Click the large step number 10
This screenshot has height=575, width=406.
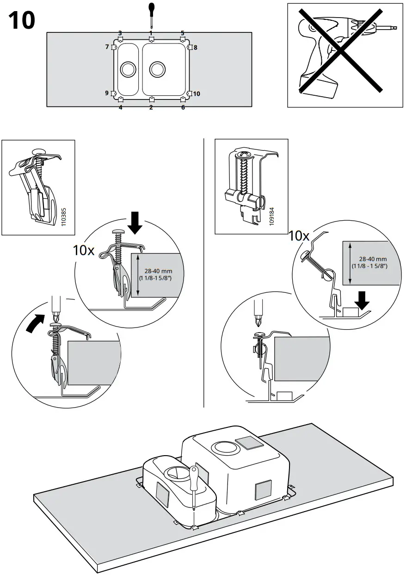click(x=22, y=20)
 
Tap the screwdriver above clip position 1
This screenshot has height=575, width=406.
click(x=151, y=14)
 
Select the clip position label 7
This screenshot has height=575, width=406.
click(x=107, y=47)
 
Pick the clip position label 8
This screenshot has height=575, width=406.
click(x=195, y=48)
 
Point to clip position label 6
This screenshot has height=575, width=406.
click(x=183, y=107)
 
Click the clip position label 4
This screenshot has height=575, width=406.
click(x=120, y=107)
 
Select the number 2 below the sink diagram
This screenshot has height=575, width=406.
click(x=151, y=107)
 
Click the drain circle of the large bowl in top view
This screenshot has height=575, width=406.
click(x=157, y=70)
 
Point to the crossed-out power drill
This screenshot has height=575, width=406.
click(x=340, y=55)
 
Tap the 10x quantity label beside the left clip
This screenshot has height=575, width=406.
click(x=84, y=250)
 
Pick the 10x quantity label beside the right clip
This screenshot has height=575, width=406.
click(x=299, y=235)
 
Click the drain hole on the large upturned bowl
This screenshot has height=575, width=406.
click(x=223, y=447)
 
